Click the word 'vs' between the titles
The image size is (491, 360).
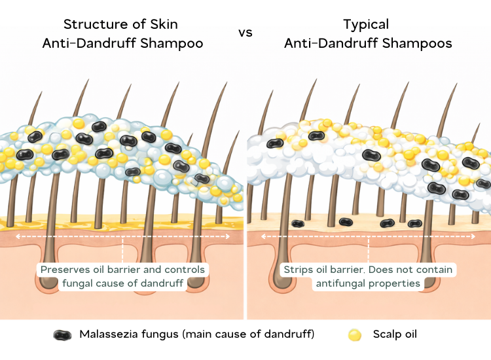pyautogui.click(x=245, y=33)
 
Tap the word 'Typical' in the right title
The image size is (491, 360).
pyautogui.click(x=366, y=25)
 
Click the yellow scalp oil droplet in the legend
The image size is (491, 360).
pyautogui.click(x=355, y=334)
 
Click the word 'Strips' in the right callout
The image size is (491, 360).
pyautogui.click(x=299, y=270)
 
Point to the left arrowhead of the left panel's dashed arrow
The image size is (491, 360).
pyautogui.click(x=18, y=236)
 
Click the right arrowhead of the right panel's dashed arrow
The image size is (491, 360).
pyautogui.click(x=475, y=236)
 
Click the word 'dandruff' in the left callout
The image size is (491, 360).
pyautogui.click(x=163, y=283)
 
